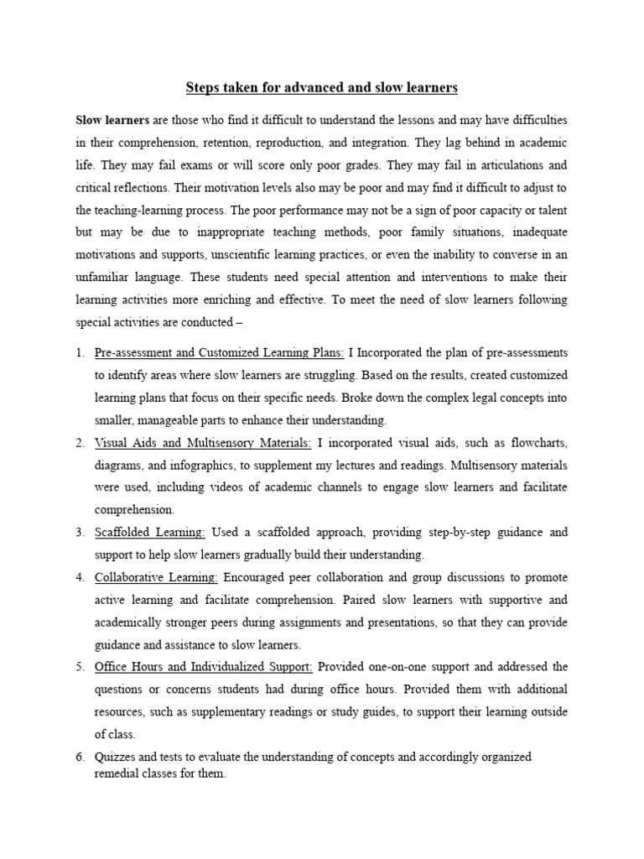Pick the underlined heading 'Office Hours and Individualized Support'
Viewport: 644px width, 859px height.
(205, 667)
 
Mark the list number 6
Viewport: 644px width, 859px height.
(80, 757)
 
